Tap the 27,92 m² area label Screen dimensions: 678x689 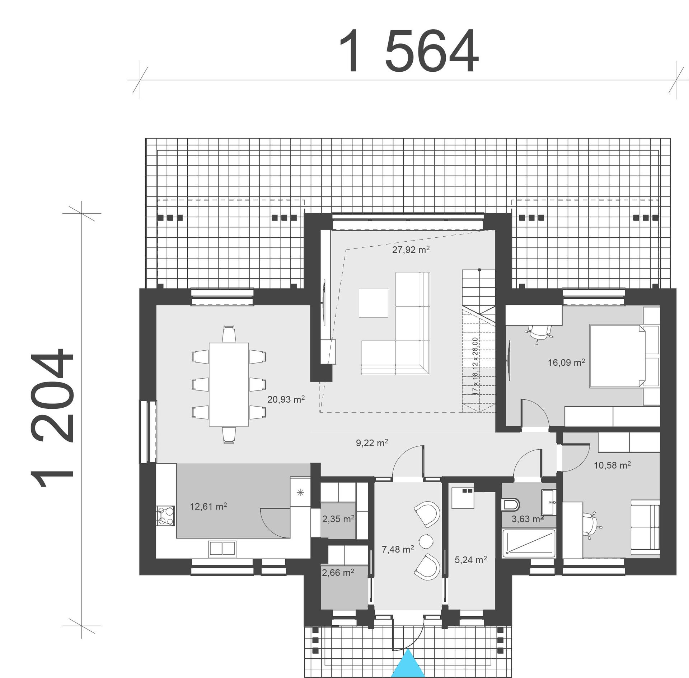(x=411, y=250)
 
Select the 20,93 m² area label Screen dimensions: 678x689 (x=286, y=399)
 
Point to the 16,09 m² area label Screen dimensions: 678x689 (x=566, y=362)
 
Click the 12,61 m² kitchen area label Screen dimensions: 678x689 (x=208, y=507)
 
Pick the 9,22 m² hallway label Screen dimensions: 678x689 (x=372, y=443)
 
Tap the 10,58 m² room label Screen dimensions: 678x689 (x=612, y=465)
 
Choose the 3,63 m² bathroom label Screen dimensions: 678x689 (x=527, y=519)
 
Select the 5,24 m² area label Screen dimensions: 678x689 (x=470, y=560)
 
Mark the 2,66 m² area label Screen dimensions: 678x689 (x=338, y=573)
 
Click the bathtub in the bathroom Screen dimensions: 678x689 (x=529, y=544)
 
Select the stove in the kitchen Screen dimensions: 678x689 (x=165, y=516)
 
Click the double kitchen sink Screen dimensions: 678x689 (x=222, y=549)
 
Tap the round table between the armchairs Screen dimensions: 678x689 (x=427, y=541)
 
